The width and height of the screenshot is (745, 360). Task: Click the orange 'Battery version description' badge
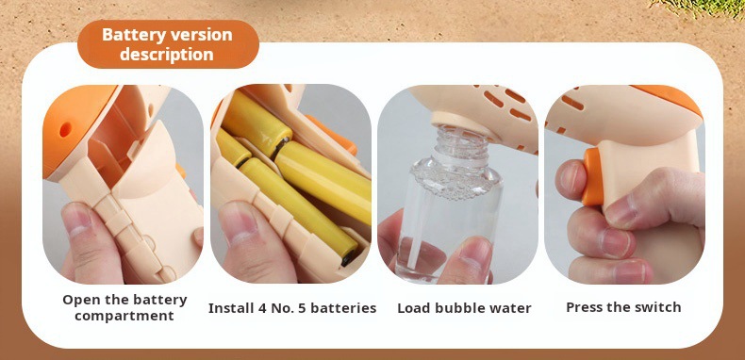tap(168, 44)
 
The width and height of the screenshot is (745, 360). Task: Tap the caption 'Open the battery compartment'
tap(125, 308)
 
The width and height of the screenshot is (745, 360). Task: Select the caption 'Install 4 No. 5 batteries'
tap(292, 308)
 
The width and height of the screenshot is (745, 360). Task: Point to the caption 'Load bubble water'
tap(464, 308)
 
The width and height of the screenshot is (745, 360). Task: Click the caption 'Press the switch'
tap(623, 307)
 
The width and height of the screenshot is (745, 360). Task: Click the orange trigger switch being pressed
tap(592, 176)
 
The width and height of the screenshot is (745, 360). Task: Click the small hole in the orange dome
tap(65, 129)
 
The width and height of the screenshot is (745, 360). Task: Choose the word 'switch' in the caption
tap(660, 307)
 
